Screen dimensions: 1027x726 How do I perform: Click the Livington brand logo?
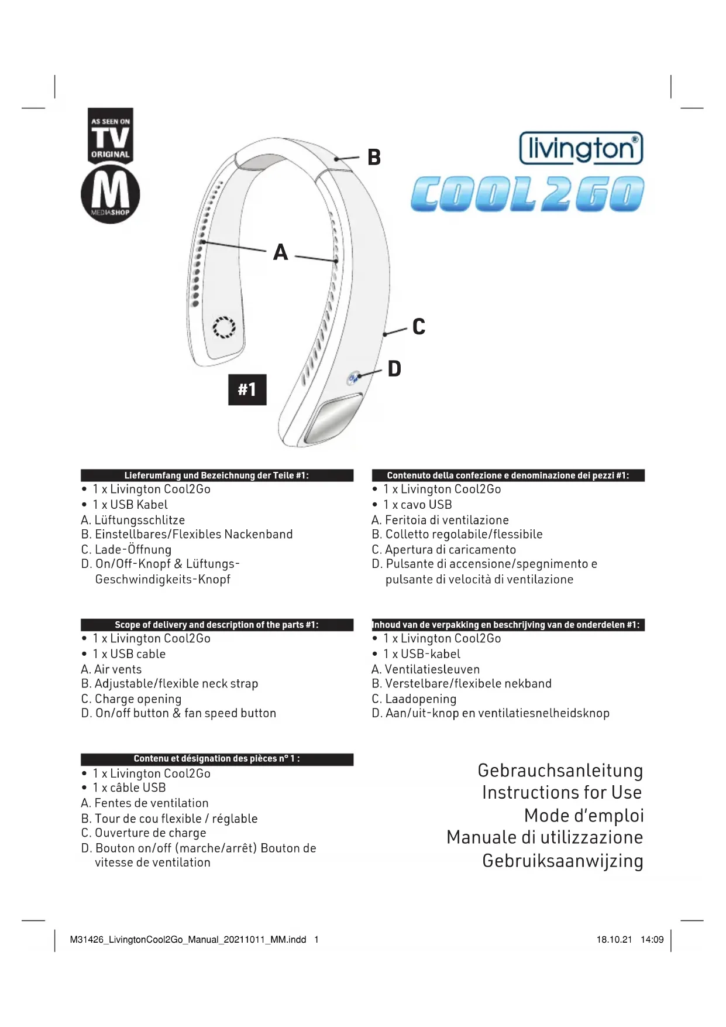pyautogui.click(x=581, y=148)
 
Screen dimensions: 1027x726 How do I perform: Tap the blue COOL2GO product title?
pyautogui.click(x=527, y=194)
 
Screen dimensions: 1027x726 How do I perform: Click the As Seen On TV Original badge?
pyautogui.click(x=111, y=135)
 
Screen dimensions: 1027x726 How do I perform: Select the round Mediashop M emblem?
pyautogui.click(x=111, y=194)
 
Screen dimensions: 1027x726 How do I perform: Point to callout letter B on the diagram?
pyautogui.click(x=374, y=158)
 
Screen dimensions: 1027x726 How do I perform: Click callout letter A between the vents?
pyautogui.click(x=281, y=252)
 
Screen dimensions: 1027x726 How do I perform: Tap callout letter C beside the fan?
pyautogui.click(x=419, y=327)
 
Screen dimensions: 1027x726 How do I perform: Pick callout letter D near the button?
pyautogui.click(x=395, y=369)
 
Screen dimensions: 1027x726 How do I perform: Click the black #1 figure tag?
pyautogui.click(x=247, y=389)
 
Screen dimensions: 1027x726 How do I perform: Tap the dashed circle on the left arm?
pyautogui.click(x=223, y=327)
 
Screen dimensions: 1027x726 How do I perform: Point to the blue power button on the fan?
pyautogui.click(x=353, y=378)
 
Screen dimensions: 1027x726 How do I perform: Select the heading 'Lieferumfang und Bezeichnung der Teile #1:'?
pyautogui.click(x=216, y=475)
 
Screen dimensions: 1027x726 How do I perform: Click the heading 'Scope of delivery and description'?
pyautogui.click(x=216, y=625)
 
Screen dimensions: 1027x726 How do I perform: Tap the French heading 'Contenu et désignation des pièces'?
pyautogui.click(x=216, y=759)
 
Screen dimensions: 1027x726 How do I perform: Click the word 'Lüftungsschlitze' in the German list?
pyautogui.click(x=140, y=520)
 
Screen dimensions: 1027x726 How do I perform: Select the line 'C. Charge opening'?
pyautogui.click(x=132, y=699)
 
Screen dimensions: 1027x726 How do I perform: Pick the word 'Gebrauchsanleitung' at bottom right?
pyautogui.click(x=560, y=771)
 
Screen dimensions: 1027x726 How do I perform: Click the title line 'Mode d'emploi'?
pyautogui.click(x=583, y=816)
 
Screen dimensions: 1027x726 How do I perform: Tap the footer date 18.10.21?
pyautogui.click(x=614, y=940)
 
